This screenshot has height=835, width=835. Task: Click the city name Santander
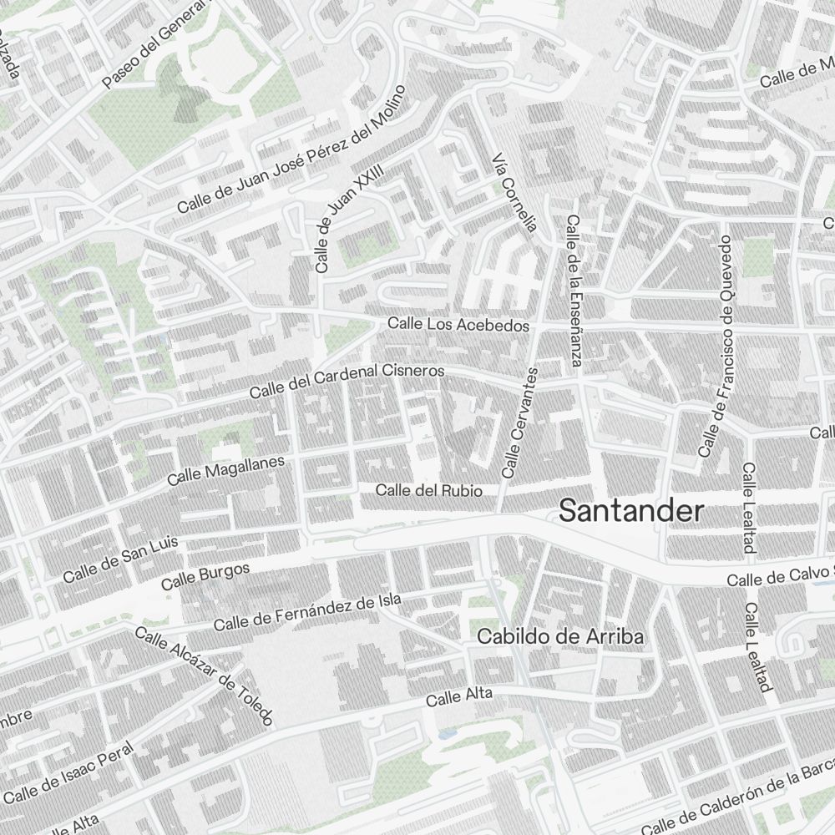(x=630, y=510)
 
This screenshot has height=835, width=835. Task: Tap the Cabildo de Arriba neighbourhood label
(x=560, y=637)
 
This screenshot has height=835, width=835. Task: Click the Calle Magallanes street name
(x=225, y=471)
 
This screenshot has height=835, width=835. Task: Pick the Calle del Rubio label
(x=428, y=491)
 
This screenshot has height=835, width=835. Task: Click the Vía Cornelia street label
(x=514, y=193)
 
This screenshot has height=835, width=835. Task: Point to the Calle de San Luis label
(x=120, y=559)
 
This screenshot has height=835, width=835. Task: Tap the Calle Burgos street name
(x=205, y=577)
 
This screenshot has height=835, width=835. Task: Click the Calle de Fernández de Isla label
(x=307, y=612)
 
